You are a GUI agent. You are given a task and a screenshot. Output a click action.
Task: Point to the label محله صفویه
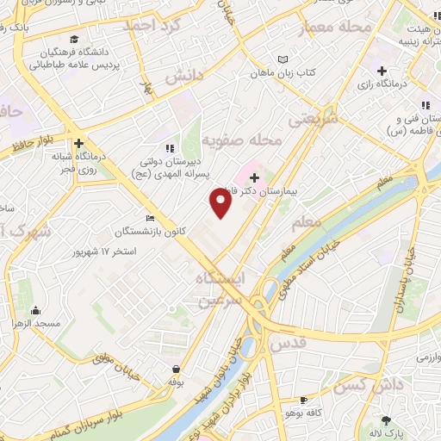pos(242,139)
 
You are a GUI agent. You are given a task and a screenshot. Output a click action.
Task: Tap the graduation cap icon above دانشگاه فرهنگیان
pos(74,40)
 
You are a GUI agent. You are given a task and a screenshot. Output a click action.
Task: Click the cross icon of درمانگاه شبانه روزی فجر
pos(78,144)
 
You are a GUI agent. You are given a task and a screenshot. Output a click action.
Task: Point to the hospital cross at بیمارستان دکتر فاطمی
pos(253,177)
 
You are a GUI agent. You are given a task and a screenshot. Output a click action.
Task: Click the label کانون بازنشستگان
pos(142,232)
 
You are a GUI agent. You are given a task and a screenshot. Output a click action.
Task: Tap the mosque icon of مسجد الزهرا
pos(35,311)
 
